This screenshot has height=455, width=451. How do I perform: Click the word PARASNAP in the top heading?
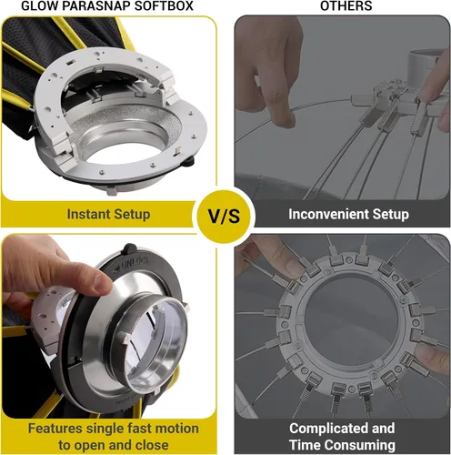tap(98, 5)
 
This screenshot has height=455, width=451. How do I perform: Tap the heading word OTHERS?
tap(346, 5)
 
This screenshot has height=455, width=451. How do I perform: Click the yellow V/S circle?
tap(224, 216)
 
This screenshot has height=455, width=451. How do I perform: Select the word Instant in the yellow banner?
tap(86, 214)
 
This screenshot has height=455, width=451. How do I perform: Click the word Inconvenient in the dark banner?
tap(328, 214)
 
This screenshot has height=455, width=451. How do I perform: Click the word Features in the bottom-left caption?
tap(55, 429)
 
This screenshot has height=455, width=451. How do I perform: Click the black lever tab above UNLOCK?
tap(130, 248)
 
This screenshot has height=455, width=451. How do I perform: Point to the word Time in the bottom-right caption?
tap(305, 445)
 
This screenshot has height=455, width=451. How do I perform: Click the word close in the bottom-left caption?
tap(152, 445)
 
